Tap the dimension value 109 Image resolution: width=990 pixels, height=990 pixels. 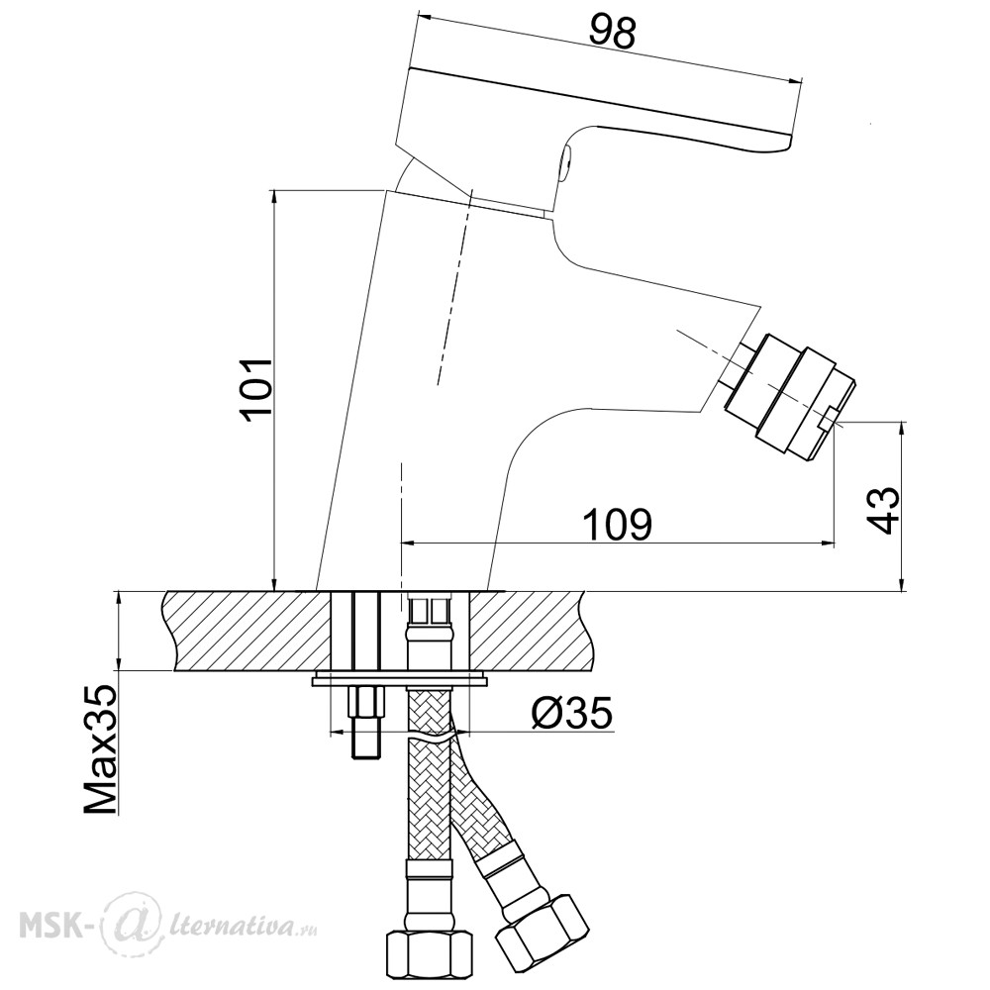click(616, 524)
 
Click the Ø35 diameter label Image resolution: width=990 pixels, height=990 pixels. click(572, 714)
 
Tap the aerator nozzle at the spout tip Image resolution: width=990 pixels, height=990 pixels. click(789, 393)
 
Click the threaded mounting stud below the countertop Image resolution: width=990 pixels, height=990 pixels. click(366, 723)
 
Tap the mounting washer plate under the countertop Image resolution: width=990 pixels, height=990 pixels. click(400, 680)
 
